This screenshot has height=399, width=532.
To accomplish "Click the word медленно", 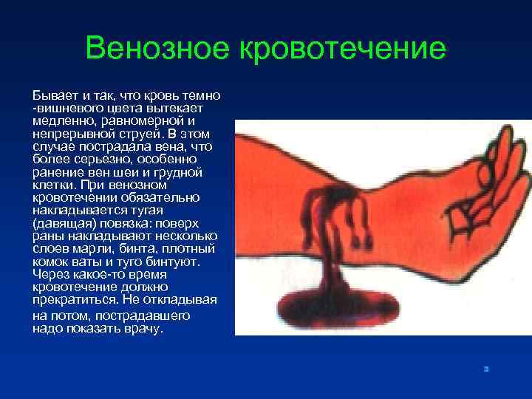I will click(58, 120).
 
